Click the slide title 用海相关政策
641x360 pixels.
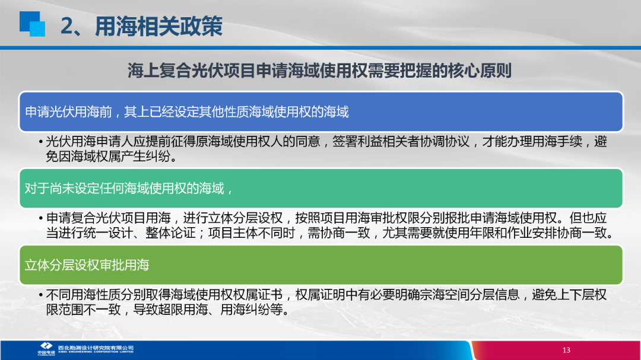pos(158,26)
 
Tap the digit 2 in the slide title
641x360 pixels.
pos(67,27)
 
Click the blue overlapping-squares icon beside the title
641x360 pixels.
pos(32,24)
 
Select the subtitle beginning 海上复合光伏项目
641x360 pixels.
pos(319,71)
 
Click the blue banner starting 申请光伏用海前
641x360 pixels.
pos(321,111)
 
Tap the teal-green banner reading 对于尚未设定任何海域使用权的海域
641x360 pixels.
pos(321,189)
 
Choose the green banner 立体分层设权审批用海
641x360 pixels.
pos(321,265)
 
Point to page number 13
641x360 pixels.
pos(566,350)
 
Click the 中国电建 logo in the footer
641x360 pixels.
pos(46,349)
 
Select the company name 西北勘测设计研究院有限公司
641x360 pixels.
pos(96,348)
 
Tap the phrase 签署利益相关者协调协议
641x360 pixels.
pos(401,142)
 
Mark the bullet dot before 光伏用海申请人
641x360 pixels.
pos(41,142)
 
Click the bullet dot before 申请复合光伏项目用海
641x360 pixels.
pos(41,219)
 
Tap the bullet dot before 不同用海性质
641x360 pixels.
pos(41,295)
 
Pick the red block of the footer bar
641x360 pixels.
pos(556,350)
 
